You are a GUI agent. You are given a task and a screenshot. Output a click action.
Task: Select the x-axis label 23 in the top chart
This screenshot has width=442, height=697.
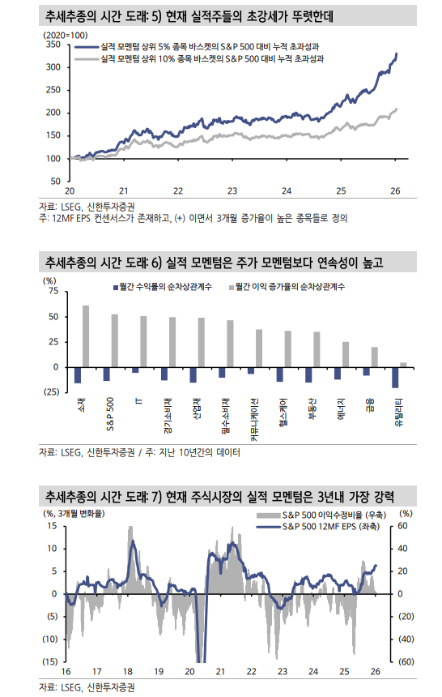coord(232,190)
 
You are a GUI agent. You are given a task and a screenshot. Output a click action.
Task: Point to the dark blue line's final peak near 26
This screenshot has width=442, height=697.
coord(396,54)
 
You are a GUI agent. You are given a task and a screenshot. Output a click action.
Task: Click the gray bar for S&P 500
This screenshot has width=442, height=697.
coord(114,340)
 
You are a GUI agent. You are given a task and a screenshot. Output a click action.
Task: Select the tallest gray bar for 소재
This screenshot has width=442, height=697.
coord(86,336)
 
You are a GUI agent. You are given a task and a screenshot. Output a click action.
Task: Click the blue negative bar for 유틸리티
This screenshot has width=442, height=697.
coord(395,377)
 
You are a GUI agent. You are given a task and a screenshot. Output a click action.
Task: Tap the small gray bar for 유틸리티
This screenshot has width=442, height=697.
coord(403,365)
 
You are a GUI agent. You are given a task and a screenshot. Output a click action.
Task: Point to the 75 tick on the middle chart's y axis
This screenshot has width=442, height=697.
coord(53,290)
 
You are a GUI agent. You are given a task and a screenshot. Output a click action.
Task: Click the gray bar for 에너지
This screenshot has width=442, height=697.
coord(346,354)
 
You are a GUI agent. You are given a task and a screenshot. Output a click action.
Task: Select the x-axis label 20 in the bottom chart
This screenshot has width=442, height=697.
coord(189,671)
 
